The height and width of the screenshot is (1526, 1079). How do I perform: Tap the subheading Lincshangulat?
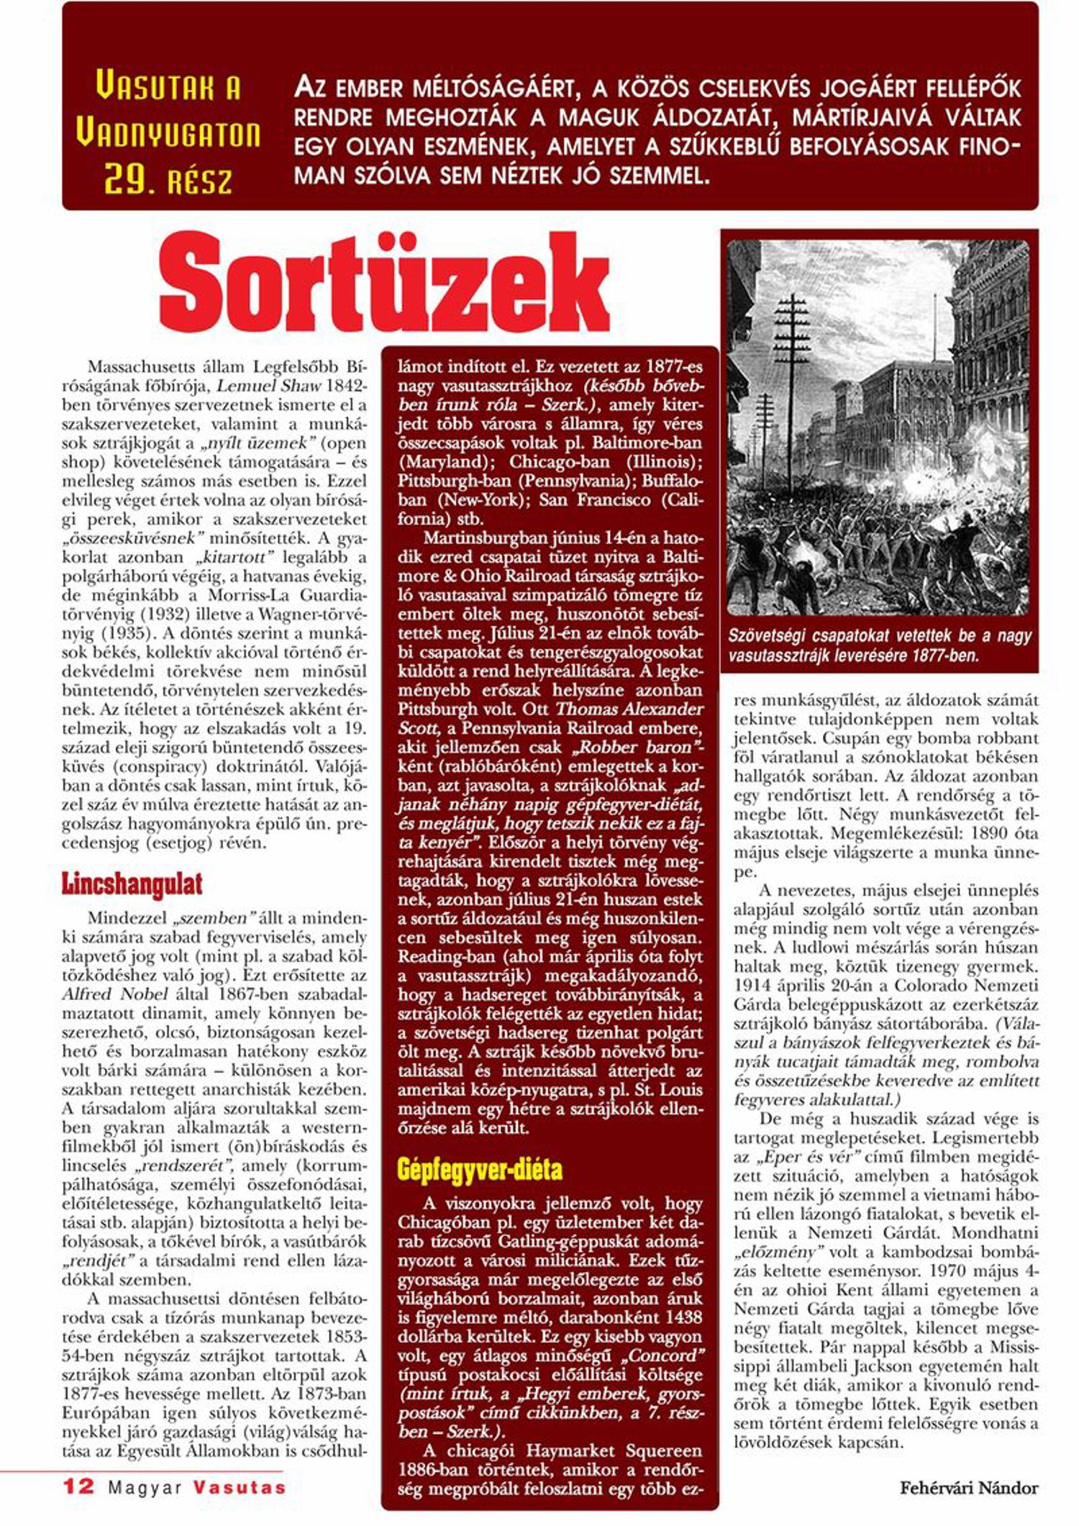pyautogui.click(x=132, y=884)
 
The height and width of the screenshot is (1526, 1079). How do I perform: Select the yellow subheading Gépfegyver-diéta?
pyautogui.click(x=480, y=1169)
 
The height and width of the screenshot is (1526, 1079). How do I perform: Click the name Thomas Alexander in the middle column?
pyautogui.click(x=630, y=709)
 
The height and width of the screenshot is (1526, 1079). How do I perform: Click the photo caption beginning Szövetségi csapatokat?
pyautogui.click(x=879, y=645)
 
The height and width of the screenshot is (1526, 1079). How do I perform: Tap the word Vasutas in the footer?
pyautogui.click(x=240, y=1487)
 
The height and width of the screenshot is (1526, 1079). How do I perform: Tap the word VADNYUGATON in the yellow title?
pyautogui.click(x=168, y=135)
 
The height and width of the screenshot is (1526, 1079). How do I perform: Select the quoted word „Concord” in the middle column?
pyautogui.click(x=663, y=1355)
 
